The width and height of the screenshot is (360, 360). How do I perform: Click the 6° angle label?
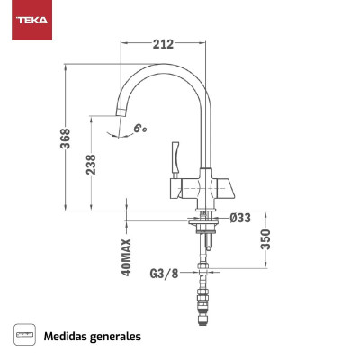tap(140, 129)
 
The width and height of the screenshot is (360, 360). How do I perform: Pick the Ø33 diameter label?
tap(240, 217)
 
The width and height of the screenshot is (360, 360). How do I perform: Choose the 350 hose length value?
tap(265, 239)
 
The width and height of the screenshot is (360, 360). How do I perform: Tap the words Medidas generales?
tap(93, 336)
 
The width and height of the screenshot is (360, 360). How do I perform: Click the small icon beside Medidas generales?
tap(24, 336)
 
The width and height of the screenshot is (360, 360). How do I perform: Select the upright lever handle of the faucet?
tap(175, 157)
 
